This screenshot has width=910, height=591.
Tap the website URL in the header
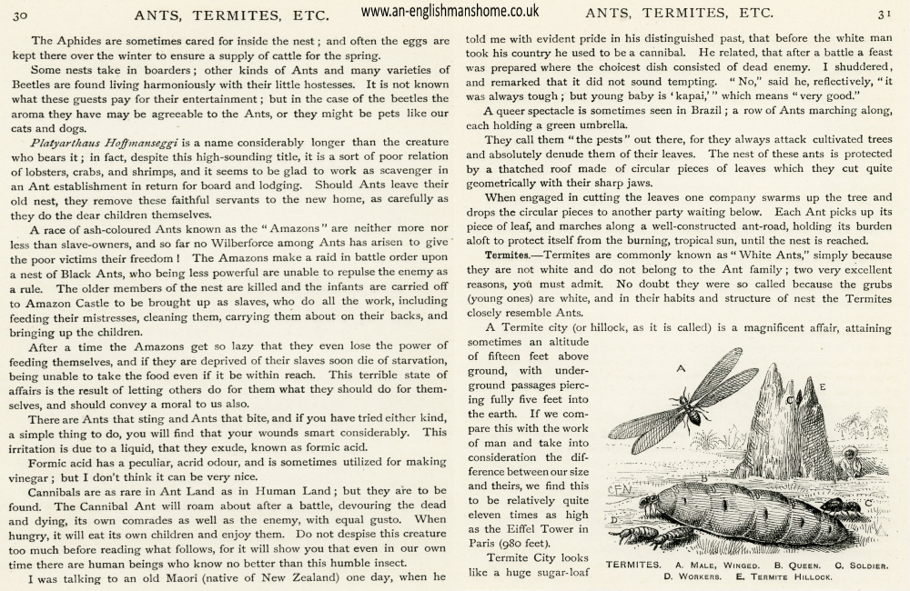(x=450, y=12)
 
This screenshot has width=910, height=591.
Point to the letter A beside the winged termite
(x=680, y=368)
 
